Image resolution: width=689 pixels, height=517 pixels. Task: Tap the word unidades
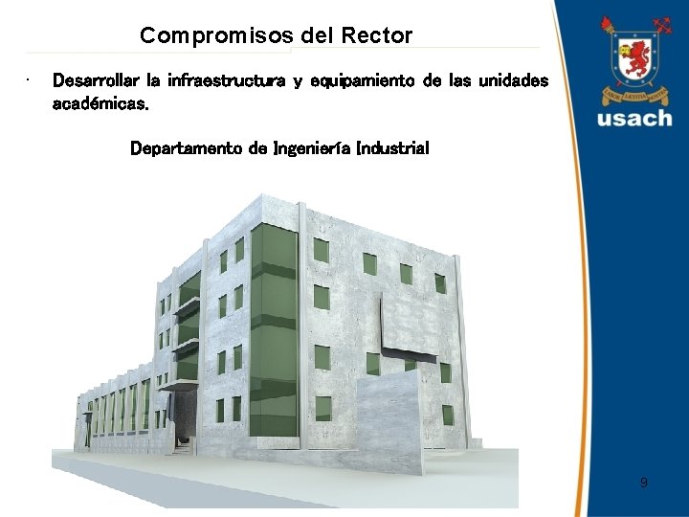click(513, 81)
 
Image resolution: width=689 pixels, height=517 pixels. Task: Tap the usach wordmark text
click(634, 119)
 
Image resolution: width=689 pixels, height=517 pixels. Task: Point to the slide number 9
click(643, 483)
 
